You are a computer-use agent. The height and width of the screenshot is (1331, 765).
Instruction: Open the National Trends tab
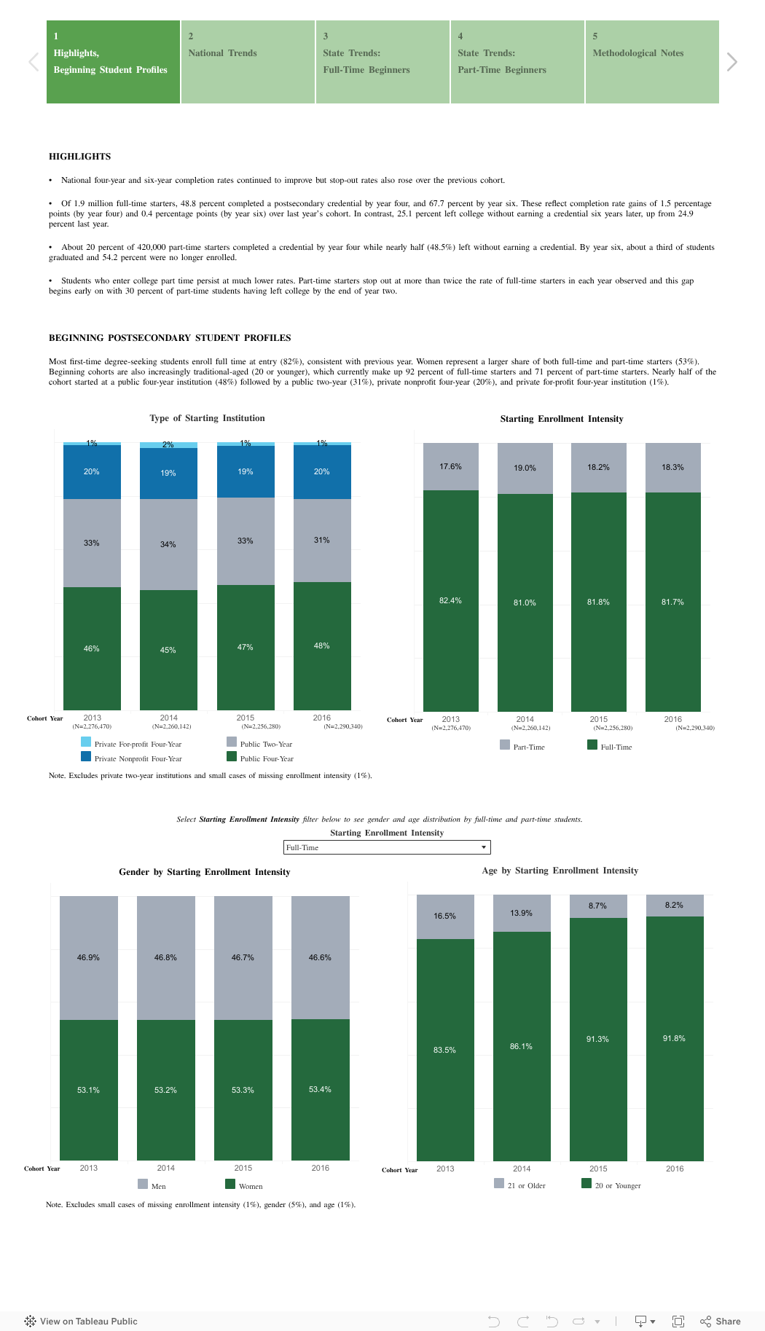coord(248,62)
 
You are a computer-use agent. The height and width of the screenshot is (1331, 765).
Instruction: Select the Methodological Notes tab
coord(651,62)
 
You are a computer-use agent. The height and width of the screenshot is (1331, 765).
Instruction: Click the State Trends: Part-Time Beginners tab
coord(517,62)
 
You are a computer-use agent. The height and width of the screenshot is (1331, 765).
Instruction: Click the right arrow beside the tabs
coord(731,62)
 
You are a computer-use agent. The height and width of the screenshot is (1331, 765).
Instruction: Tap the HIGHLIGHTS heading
coord(80,157)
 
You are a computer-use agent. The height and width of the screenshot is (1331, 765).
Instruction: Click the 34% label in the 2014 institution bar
coord(168,544)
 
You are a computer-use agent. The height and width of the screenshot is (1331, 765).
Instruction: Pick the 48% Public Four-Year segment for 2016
coord(322,645)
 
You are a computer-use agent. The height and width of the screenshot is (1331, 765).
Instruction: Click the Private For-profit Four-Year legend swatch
coord(86,742)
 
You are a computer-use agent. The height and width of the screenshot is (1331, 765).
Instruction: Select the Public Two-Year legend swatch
coord(232,742)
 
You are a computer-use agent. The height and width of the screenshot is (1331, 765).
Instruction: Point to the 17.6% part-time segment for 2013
coord(451,466)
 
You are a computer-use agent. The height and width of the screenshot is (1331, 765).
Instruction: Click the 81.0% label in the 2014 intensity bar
coord(525,602)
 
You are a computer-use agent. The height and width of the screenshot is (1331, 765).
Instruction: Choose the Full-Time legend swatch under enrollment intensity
coord(592,745)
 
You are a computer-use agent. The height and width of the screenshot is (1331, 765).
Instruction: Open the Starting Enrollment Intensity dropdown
coord(386,847)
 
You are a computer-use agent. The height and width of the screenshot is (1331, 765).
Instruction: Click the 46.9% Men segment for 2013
coord(89,957)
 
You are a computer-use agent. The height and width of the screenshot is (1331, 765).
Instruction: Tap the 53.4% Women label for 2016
coord(320,1089)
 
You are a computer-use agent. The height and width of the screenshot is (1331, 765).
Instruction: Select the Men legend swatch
coord(143,1184)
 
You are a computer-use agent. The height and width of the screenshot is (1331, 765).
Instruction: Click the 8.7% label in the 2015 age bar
coord(598,906)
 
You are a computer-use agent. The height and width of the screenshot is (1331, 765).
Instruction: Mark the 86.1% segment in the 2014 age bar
coord(522,1046)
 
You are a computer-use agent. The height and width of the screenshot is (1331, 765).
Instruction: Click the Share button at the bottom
coord(721,1321)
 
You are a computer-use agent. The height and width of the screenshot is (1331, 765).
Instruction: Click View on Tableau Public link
coord(81,1321)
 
